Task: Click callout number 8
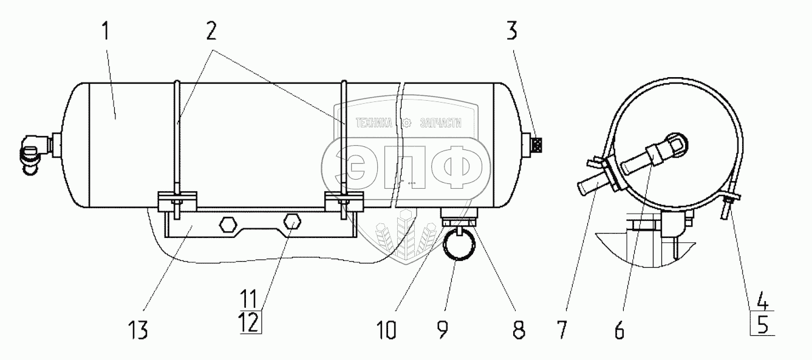(516, 330)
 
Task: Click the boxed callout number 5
(763, 326)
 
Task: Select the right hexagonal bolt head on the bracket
(292, 223)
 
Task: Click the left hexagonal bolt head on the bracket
(227, 224)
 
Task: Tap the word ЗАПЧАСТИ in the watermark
(441, 123)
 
